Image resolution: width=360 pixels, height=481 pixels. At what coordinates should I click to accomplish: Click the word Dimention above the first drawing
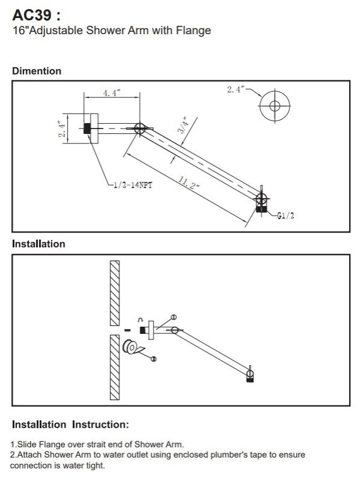[37, 71]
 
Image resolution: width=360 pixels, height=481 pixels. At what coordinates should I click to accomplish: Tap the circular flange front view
[275, 107]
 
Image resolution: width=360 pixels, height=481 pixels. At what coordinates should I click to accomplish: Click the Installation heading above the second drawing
[38, 244]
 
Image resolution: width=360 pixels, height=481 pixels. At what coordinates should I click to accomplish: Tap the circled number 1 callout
[174, 316]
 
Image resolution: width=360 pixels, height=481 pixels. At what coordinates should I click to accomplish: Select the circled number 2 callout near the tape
[154, 358]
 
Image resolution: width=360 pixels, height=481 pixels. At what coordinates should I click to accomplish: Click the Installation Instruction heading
[70, 425]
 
